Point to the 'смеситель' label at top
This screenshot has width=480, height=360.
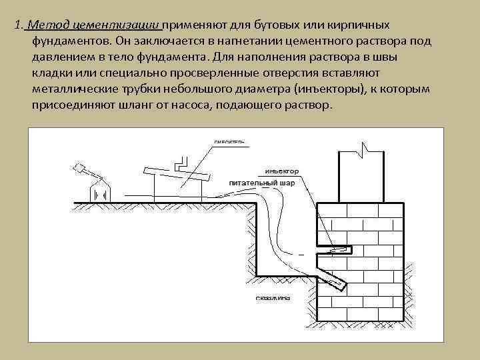[x=229, y=141]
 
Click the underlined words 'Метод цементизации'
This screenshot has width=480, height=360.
[x=93, y=25]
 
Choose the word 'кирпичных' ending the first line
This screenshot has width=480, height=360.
[x=361, y=25]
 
